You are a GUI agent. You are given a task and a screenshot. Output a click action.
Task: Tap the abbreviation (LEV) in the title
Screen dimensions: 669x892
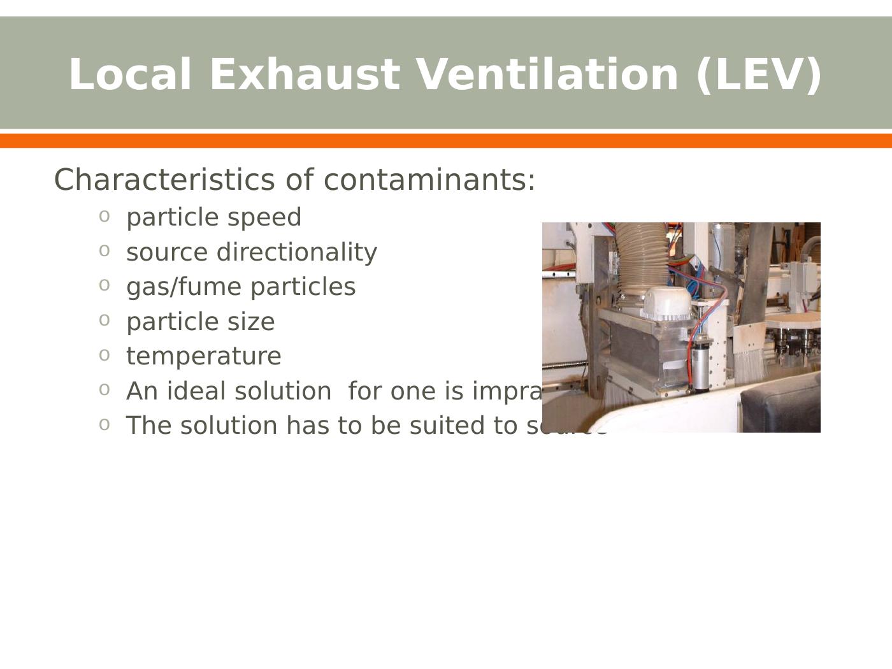click(759, 75)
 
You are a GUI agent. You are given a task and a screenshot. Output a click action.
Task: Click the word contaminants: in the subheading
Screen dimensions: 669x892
click(430, 180)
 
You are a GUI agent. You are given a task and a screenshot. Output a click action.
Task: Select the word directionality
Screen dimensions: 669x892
click(297, 252)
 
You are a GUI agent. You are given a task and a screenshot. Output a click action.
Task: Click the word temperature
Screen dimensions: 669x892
click(204, 356)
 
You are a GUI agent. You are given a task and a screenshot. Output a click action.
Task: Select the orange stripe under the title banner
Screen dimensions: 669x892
click(446, 141)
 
